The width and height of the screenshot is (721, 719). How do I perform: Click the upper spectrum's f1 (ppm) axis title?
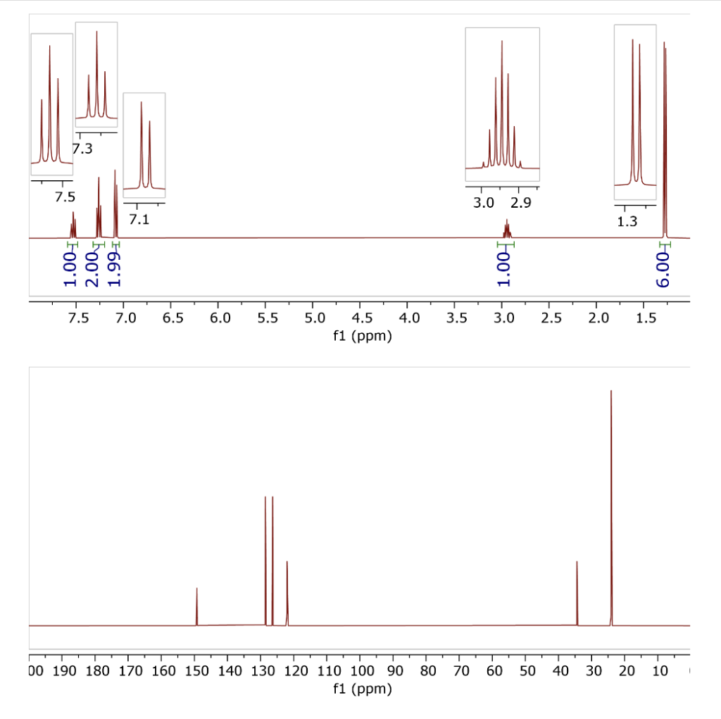(361, 337)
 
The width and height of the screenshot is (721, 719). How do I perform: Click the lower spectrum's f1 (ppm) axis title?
(361, 689)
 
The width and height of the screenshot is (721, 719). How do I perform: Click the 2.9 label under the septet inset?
(521, 204)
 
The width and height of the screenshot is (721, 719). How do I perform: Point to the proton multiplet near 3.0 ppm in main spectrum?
(506, 228)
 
